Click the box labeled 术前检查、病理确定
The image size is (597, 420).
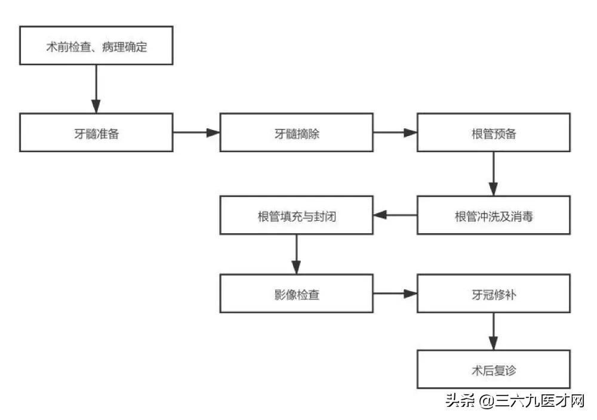(x=96, y=46)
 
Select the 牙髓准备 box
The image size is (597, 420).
(x=96, y=132)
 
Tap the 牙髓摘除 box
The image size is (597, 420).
(x=297, y=132)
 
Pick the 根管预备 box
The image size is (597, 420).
(x=493, y=132)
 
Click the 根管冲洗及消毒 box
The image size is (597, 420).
(x=493, y=215)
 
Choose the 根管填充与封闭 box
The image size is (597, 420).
(x=297, y=215)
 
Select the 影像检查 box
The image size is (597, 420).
(x=297, y=294)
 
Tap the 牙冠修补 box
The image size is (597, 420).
(x=493, y=294)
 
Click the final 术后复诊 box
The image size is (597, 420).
(x=493, y=370)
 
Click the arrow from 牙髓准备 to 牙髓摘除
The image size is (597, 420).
(x=196, y=133)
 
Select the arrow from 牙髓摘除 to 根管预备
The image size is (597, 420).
(x=395, y=133)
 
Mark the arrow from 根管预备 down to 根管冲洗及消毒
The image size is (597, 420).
(x=493, y=174)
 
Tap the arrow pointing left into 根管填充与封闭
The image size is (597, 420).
(x=395, y=215)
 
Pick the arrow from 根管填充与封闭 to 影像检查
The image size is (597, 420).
(x=297, y=255)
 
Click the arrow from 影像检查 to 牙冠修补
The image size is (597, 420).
(x=395, y=294)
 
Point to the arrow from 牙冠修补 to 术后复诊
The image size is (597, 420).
(x=493, y=332)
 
